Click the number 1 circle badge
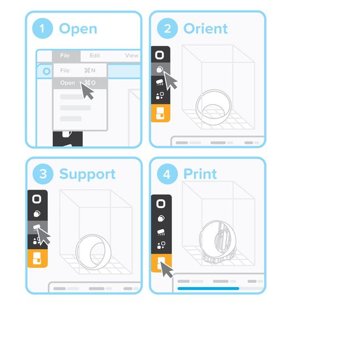[x=42, y=29]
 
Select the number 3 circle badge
[x=42, y=174]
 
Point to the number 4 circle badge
[x=167, y=174]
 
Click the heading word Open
[x=78, y=29]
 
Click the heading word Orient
[x=205, y=29]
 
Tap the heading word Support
[x=87, y=174]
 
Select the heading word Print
[x=200, y=174]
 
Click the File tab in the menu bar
[x=66, y=56]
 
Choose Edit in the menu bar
[x=95, y=56]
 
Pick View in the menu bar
[x=131, y=56]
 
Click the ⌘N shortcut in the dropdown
[x=89, y=71]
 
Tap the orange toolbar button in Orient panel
[x=160, y=114]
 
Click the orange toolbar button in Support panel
[x=37, y=259]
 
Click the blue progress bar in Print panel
[x=208, y=289]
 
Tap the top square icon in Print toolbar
[x=161, y=204]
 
